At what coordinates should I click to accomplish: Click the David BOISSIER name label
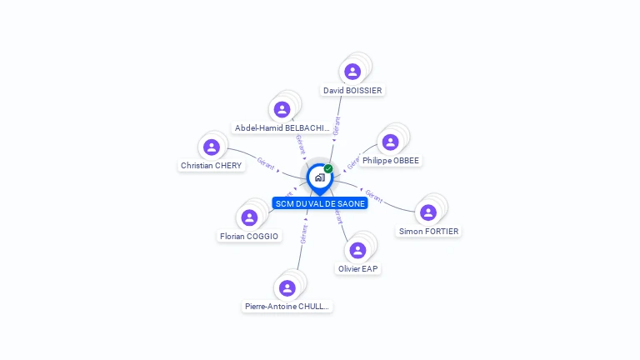pos(353,90)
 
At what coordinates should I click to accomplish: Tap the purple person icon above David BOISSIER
pos(352,71)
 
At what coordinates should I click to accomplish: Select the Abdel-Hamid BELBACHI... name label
pos(282,128)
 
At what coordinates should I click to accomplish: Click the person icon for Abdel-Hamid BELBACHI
pos(282,109)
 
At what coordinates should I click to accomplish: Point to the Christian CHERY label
pos(211,166)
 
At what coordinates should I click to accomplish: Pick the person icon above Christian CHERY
pos(212,147)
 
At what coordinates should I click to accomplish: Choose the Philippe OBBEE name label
pos(391,161)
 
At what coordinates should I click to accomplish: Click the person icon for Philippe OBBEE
pos(390,142)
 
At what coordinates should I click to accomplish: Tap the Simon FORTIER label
pos(428,232)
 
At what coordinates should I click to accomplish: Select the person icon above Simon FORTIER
pos(428,212)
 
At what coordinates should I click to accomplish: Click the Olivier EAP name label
pos(358,269)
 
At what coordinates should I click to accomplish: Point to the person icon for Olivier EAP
pos(357,250)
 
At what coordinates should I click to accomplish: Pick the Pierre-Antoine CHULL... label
pos(287,307)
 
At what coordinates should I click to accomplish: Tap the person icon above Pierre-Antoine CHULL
pos(287,287)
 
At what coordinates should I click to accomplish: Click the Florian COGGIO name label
pos(249,237)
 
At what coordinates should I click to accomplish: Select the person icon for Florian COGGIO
pos(249,217)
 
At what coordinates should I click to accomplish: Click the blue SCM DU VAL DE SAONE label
pos(320,203)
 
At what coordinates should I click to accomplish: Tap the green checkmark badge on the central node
pos(328,169)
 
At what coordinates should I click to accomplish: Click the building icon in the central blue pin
pos(319,177)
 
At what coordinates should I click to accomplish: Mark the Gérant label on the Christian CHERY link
pos(266,162)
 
